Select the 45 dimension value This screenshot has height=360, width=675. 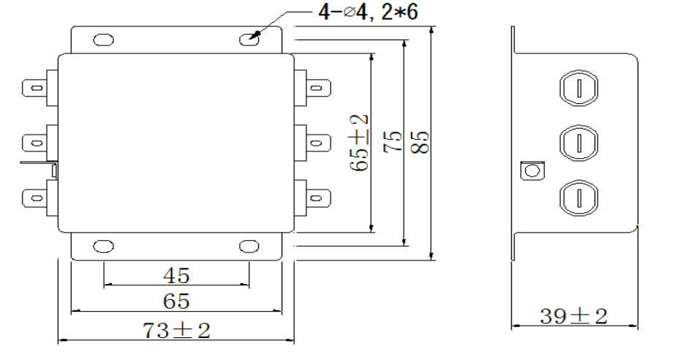point(176,275)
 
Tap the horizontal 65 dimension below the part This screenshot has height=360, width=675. point(176,301)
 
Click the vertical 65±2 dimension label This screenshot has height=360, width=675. point(359,143)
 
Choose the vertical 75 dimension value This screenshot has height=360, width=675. point(394,143)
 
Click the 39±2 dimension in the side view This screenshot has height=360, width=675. point(574,316)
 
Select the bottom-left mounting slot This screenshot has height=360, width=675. point(103,246)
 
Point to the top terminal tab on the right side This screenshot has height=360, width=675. point(316,87)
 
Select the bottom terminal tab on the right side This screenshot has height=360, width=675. point(316,197)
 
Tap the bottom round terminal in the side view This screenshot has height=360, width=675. point(577,197)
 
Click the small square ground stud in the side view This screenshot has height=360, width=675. point(529,170)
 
